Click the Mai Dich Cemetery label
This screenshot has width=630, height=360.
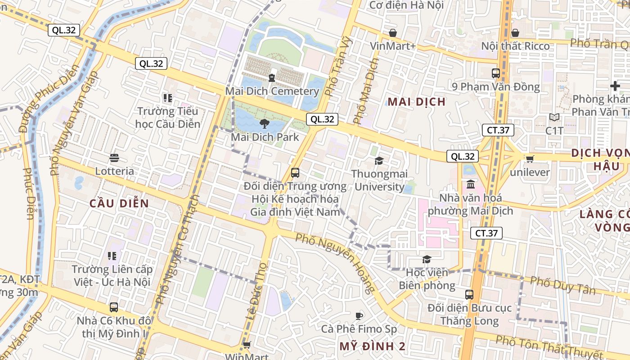(x=272, y=91)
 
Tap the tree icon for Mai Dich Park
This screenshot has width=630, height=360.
(x=264, y=124)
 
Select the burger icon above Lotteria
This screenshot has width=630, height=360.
(x=114, y=158)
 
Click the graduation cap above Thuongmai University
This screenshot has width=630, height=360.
(x=379, y=161)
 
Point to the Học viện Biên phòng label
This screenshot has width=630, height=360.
(x=427, y=279)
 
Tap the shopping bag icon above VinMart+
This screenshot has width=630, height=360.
(x=393, y=33)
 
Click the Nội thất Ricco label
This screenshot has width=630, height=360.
(x=516, y=46)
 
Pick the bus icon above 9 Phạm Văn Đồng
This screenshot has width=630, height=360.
(x=496, y=73)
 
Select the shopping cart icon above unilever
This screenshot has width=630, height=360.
(x=530, y=159)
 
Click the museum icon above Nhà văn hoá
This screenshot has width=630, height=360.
(x=471, y=184)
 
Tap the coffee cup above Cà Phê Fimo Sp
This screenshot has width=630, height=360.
(x=359, y=316)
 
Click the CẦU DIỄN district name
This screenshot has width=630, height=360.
(x=119, y=203)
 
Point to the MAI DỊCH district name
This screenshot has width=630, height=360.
(x=417, y=102)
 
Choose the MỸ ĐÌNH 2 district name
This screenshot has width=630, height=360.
(x=373, y=346)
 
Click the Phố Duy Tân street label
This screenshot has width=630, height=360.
(x=562, y=285)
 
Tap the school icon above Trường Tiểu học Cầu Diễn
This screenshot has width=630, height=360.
(x=168, y=98)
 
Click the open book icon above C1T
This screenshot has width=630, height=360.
(x=554, y=117)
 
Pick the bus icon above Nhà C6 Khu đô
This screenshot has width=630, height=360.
(x=114, y=307)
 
